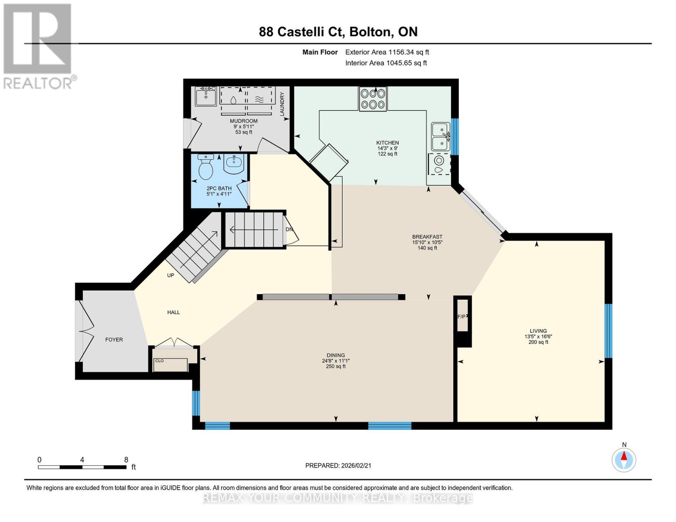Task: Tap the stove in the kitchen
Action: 373,99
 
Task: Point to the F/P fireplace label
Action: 461,317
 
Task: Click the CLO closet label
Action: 159,361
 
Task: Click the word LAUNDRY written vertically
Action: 282,104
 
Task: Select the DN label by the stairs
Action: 289,229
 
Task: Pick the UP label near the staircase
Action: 171,275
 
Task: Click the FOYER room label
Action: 114,339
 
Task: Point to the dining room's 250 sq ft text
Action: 336,366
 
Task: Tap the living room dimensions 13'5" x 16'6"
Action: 538,336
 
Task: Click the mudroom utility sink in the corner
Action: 205,96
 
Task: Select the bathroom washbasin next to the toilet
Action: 234,164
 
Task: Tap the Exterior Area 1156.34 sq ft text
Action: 387,52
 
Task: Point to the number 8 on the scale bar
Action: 126,459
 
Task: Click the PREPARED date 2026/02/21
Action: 338,465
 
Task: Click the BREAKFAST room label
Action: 427,237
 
